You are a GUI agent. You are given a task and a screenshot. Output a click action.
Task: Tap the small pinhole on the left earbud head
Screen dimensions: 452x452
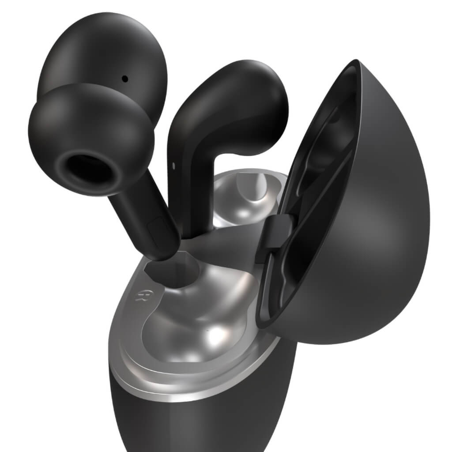click(125, 79)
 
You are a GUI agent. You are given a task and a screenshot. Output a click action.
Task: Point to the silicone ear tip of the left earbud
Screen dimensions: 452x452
click(90, 132)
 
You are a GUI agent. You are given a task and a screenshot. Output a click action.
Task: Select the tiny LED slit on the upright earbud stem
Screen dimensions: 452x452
click(173, 166)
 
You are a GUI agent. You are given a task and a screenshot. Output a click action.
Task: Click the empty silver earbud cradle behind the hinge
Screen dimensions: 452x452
click(247, 194)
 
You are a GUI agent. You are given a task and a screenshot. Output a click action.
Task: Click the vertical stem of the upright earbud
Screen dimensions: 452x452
click(194, 194)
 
